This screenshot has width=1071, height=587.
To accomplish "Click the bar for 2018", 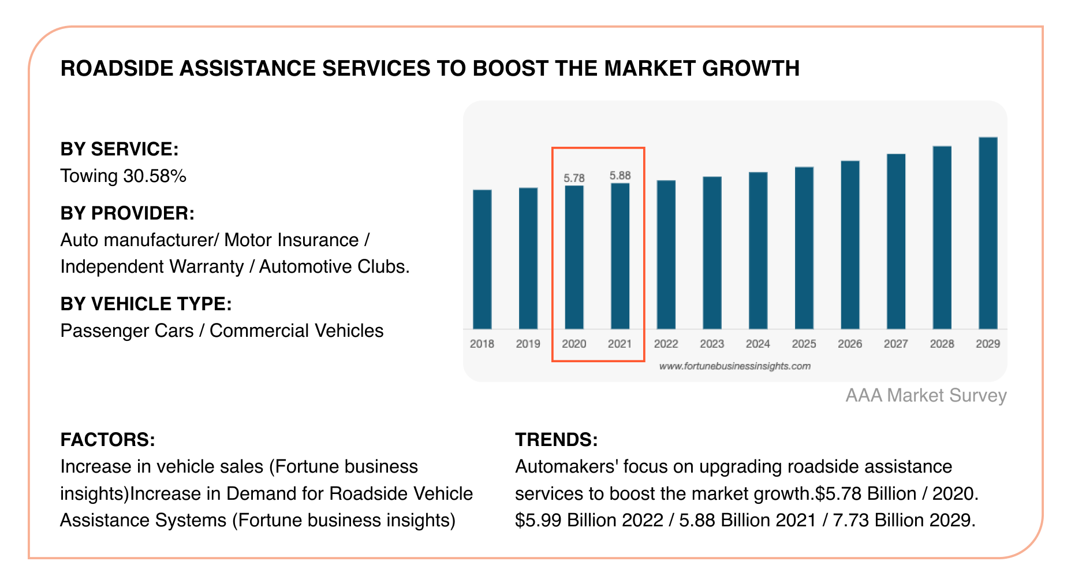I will click(x=482, y=259).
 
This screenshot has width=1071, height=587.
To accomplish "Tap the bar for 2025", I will click(x=804, y=248).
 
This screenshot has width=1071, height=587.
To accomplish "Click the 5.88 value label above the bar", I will click(x=620, y=176).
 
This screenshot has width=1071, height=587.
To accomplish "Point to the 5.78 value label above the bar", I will click(x=574, y=178).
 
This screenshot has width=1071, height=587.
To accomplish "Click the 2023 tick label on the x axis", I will click(x=712, y=344).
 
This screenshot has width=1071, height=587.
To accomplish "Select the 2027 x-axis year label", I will click(x=895, y=344).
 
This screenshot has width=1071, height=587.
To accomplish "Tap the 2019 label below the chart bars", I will click(x=528, y=344).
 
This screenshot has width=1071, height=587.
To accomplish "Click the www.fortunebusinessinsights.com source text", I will click(x=734, y=366).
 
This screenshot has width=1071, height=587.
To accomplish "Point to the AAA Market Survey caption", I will click(x=926, y=395).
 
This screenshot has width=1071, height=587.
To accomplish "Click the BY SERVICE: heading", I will click(x=120, y=149).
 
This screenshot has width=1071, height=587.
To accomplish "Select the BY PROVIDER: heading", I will click(x=127, y=213).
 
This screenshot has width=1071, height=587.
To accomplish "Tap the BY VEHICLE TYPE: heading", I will click(x=145, y=304).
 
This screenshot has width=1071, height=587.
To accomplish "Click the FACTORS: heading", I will click(x=107, y=440).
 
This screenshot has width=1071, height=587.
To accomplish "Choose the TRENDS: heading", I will click(x=556, y=440).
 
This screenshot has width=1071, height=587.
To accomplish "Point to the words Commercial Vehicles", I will click(x=296, y=330).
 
